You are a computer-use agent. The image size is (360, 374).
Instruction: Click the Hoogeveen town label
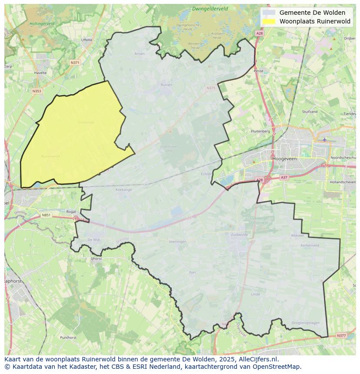pos(284,159)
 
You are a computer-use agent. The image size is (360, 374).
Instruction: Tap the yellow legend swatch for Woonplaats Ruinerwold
pos(269,21)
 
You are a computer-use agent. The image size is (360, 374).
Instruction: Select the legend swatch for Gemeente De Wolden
pos(269,13)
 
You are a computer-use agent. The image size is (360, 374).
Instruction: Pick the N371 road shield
pos(75,63)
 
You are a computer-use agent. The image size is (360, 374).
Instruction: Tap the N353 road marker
pos(37,91)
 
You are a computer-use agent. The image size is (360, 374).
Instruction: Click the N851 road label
pos(46,215)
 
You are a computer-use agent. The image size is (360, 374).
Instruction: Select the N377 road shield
pos(341,335)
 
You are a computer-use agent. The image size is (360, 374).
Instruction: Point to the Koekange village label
pos(123,190)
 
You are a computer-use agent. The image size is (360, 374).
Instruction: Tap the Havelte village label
pos(40,73)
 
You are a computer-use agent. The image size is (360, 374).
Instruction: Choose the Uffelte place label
pos(87,40)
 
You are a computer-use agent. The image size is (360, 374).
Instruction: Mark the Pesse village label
pos(259,70)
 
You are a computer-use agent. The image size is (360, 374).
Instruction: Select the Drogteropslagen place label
pos(305,323)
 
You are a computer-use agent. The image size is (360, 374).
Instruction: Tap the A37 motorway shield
pos(284,177)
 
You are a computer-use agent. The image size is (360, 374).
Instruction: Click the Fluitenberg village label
pos(260,131)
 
